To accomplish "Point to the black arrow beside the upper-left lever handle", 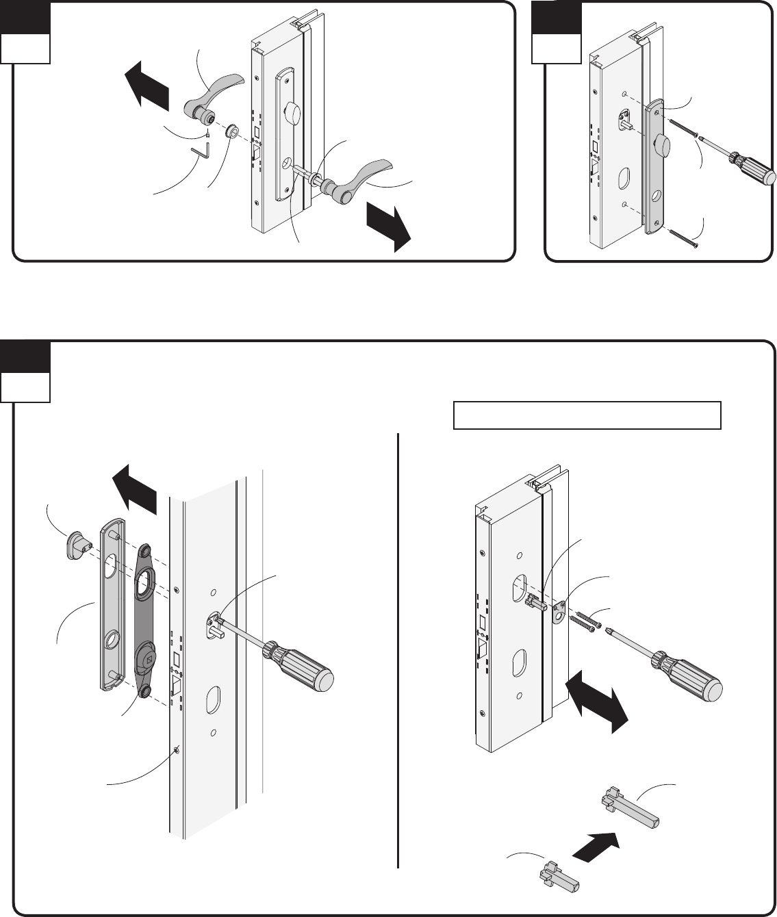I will tap(148, 83).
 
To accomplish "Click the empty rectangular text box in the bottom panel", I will tap(587, 415).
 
